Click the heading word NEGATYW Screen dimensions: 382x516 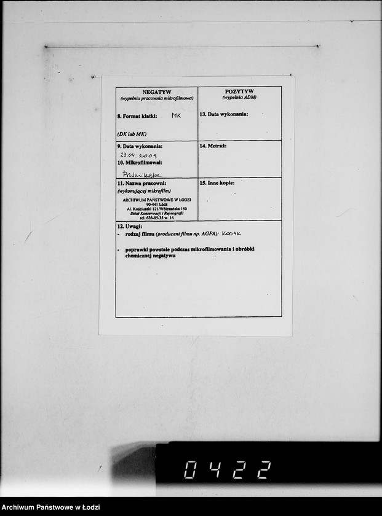[157, 91]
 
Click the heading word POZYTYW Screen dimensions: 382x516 [239, 91]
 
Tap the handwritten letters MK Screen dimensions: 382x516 [177, 115]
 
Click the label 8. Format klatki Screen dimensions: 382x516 [137, 115]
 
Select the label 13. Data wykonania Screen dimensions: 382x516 [223, 114]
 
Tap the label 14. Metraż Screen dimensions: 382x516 [213, 146]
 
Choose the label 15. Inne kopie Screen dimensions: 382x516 [217, 182]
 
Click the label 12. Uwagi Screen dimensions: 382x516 [129, 227]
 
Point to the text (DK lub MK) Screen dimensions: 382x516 [132, 133]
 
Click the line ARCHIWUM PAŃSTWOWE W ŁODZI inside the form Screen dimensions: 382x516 [157, 200]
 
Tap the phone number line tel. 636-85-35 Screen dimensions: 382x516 [157, 217]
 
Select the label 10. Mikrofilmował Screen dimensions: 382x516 [140, 164]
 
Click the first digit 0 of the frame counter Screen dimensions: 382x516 [191, 471]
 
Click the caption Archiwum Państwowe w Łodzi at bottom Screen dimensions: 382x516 [50, 507]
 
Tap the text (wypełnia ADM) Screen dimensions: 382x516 [239, 98]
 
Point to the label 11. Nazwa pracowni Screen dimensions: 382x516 [142, 183]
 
